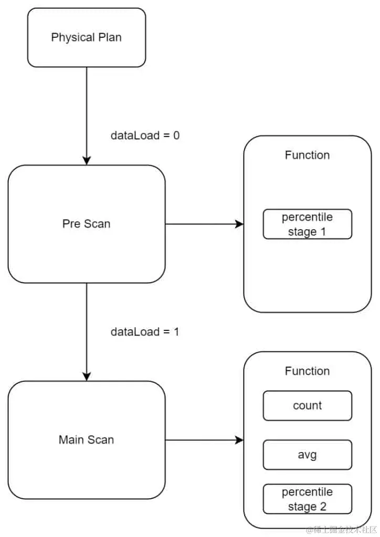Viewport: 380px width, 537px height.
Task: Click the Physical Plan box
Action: pos(87,38)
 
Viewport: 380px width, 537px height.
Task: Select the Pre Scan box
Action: pos(87,224)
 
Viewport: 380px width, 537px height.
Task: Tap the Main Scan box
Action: pos(87,439)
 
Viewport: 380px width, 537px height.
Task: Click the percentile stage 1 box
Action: pos(307,224)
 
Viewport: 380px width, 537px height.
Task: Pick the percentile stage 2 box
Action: pos(307,499)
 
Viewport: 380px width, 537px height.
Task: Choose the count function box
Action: pos(307,405)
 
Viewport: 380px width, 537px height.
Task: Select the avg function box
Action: pos(307,454)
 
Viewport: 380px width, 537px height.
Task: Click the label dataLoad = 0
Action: pos(145,135)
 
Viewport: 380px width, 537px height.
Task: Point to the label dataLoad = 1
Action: pos(145,332)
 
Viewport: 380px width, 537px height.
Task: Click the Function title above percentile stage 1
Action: pos(307,155)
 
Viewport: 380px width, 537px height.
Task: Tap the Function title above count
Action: pos(307,371)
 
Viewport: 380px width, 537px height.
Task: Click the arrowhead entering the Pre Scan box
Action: pos(87,160)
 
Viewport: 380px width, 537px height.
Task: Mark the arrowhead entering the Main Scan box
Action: pos(87,376)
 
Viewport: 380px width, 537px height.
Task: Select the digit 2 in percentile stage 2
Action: pos(323,506)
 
